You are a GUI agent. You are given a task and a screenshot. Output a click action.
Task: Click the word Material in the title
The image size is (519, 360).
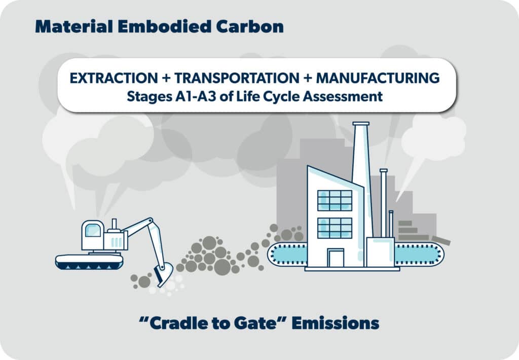pos(74,26)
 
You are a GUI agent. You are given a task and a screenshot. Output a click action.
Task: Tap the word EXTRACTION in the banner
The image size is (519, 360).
pos(114,78)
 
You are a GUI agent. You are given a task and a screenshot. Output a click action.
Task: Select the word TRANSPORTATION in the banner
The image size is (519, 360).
pos(237,78)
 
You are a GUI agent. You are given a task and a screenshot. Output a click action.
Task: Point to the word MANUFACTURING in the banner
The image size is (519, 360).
pos(378,78)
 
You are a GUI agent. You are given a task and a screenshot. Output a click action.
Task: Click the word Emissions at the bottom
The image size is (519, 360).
pos(336,323)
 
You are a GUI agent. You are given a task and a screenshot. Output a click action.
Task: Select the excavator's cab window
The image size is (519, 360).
pos(93,230)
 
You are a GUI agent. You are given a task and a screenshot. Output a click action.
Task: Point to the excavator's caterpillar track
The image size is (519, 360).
pos(89,262)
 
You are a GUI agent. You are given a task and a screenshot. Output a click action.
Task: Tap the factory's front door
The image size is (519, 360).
pos(336,258)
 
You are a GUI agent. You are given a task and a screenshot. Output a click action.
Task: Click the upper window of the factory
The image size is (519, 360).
pos(335,200)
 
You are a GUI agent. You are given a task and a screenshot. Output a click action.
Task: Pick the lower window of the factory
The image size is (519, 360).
pos(335,228)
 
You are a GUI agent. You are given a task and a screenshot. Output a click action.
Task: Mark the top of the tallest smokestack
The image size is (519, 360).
pos(361,124)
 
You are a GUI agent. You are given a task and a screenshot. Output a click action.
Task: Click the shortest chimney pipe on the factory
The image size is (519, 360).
pos(391,224)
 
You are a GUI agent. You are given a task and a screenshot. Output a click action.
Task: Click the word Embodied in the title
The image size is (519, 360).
pos(165,26)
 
